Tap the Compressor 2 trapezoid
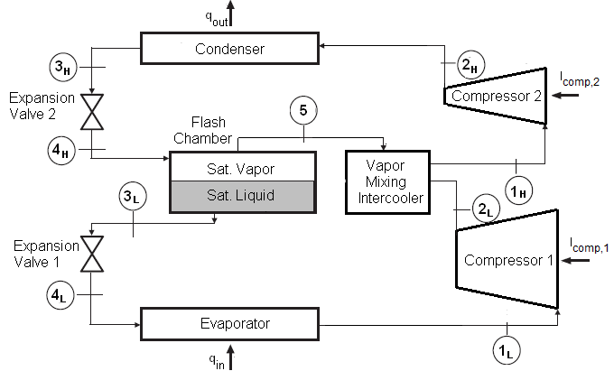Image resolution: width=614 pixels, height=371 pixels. point(497,95)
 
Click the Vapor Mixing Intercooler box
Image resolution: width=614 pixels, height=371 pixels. point(388,182)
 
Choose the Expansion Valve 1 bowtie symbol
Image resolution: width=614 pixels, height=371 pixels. point(91,254)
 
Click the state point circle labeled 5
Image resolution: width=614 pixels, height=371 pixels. point(303,111)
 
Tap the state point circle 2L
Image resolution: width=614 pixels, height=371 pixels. point(485,211)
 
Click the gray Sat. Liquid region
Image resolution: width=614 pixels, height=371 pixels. point(243,194)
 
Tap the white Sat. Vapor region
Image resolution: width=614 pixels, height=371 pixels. point(243,167)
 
